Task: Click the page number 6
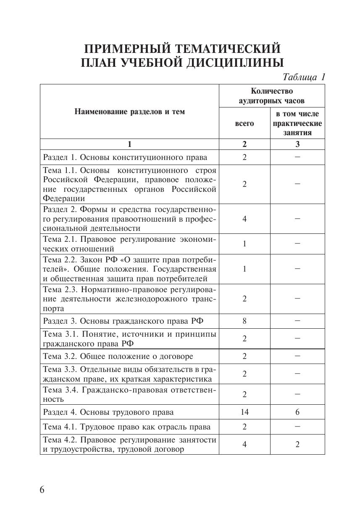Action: [42, 490]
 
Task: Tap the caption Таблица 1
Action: [304, 77]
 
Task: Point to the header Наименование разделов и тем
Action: [129, 112]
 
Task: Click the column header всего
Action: [244, 123]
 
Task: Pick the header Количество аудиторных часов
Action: [271, 96]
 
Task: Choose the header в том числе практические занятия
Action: [297, 123]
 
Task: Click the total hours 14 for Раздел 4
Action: [244, 412]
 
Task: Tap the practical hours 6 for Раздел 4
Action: [297, 412]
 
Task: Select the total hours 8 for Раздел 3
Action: [244, 321]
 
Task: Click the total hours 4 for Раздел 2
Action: [244, 219]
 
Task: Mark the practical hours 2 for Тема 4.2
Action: [297, 445]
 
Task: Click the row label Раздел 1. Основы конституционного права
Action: [125, 157]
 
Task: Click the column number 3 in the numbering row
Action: [297, 144]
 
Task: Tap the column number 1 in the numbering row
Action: [129, 144]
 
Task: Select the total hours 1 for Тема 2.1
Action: [244, 244]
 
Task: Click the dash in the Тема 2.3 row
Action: [297, 299]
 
